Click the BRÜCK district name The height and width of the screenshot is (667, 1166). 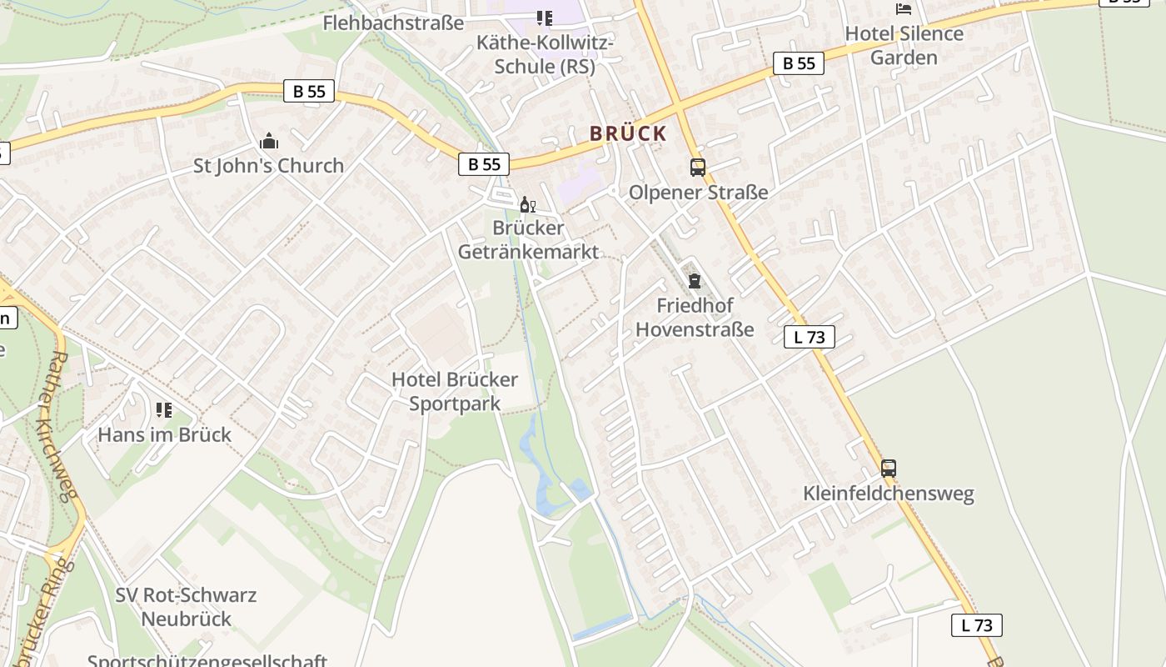(628, 133)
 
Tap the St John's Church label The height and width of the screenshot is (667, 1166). (268, 165)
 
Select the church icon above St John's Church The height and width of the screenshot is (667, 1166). (269, 141)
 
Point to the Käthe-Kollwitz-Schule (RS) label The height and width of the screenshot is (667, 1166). (545, 54)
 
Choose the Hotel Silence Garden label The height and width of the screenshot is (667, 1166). (904, 45)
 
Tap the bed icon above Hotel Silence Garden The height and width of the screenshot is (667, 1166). (904, 9)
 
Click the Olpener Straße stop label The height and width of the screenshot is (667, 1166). (698, 193)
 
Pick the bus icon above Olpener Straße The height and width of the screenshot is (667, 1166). (698, 168)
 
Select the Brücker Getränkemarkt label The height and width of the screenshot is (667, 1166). (528, 239)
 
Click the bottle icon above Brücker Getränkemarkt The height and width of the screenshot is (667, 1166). (527, 205)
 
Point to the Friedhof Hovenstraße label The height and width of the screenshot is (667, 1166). (695, 317)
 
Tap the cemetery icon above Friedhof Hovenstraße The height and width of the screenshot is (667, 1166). (695, 281)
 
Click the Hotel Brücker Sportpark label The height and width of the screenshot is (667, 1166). (455, 391)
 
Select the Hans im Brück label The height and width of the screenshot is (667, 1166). (165, 434)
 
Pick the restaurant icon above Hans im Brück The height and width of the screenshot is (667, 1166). (164, 410)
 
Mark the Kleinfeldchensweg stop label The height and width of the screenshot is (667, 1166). (888, 494)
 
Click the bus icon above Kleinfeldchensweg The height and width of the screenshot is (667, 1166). (889, 469)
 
